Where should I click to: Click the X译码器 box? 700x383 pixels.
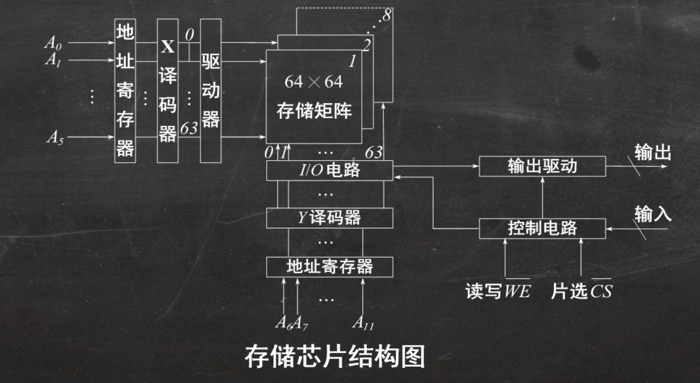(x=168, y=91)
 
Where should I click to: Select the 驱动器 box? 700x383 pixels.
(x=211, y=91)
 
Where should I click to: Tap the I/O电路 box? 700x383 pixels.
(x=329, y=170)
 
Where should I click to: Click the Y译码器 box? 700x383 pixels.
(x=329, y=218)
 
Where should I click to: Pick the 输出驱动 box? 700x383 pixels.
(x=542, y=166)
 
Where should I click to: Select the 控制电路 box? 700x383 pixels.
(x=542, y=228)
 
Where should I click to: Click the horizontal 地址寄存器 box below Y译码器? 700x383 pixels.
(x=329, y=267)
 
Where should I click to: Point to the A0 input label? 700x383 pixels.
(x=53, y=43)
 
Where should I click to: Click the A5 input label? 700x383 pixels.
(x=55, y=138)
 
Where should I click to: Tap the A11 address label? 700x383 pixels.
(x=363, y=323)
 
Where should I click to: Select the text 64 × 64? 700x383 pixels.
(x=313, y=82)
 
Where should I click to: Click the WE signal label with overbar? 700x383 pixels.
(x=517, y=291)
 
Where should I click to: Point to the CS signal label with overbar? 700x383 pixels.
(x=601, y=291)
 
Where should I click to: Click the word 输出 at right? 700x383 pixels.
(x=653, y=153)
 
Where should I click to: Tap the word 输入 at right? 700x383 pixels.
(x=653, y=214)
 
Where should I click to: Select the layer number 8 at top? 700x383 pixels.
(x=386, y=16)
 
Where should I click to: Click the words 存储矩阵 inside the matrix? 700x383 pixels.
(x=314, y=111)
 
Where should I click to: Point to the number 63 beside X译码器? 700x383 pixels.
(x=189, y=129)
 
